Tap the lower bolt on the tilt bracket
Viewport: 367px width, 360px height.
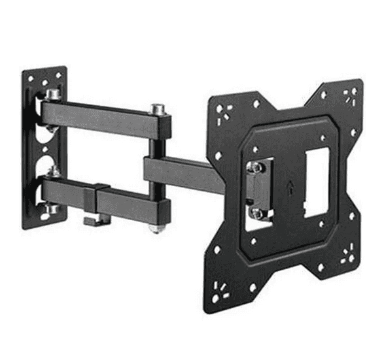256,213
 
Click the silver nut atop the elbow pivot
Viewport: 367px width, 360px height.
157,108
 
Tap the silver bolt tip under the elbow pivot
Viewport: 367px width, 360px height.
154,229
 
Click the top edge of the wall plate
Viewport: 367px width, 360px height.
44,69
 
